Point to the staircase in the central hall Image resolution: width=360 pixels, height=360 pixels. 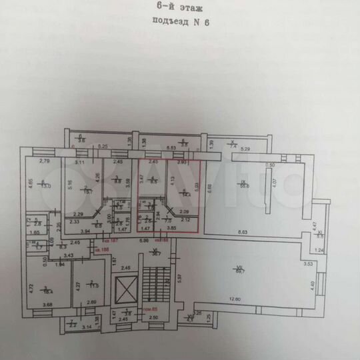[x=157, y=286]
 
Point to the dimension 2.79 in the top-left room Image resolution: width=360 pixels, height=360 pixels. [x=45, y=161]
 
